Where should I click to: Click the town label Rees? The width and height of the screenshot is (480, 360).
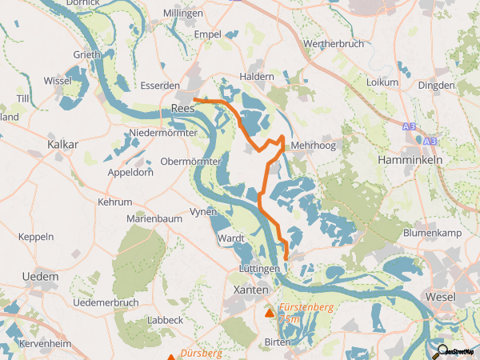coord(184,110)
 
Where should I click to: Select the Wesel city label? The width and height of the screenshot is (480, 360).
coord(440,297)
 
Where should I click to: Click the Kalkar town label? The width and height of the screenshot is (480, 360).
coord(62,144)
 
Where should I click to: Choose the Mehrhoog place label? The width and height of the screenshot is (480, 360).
coord(314,146)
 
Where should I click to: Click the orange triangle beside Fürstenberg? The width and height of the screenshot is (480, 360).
coord(269,313)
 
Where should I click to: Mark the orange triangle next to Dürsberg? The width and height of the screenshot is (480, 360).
coord(171,357)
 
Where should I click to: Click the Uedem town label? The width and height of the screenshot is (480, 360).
coord(41,276)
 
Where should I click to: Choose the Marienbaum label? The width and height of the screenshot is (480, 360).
coord(155,218)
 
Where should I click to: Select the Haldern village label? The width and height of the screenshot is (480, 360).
coord(257,76)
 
